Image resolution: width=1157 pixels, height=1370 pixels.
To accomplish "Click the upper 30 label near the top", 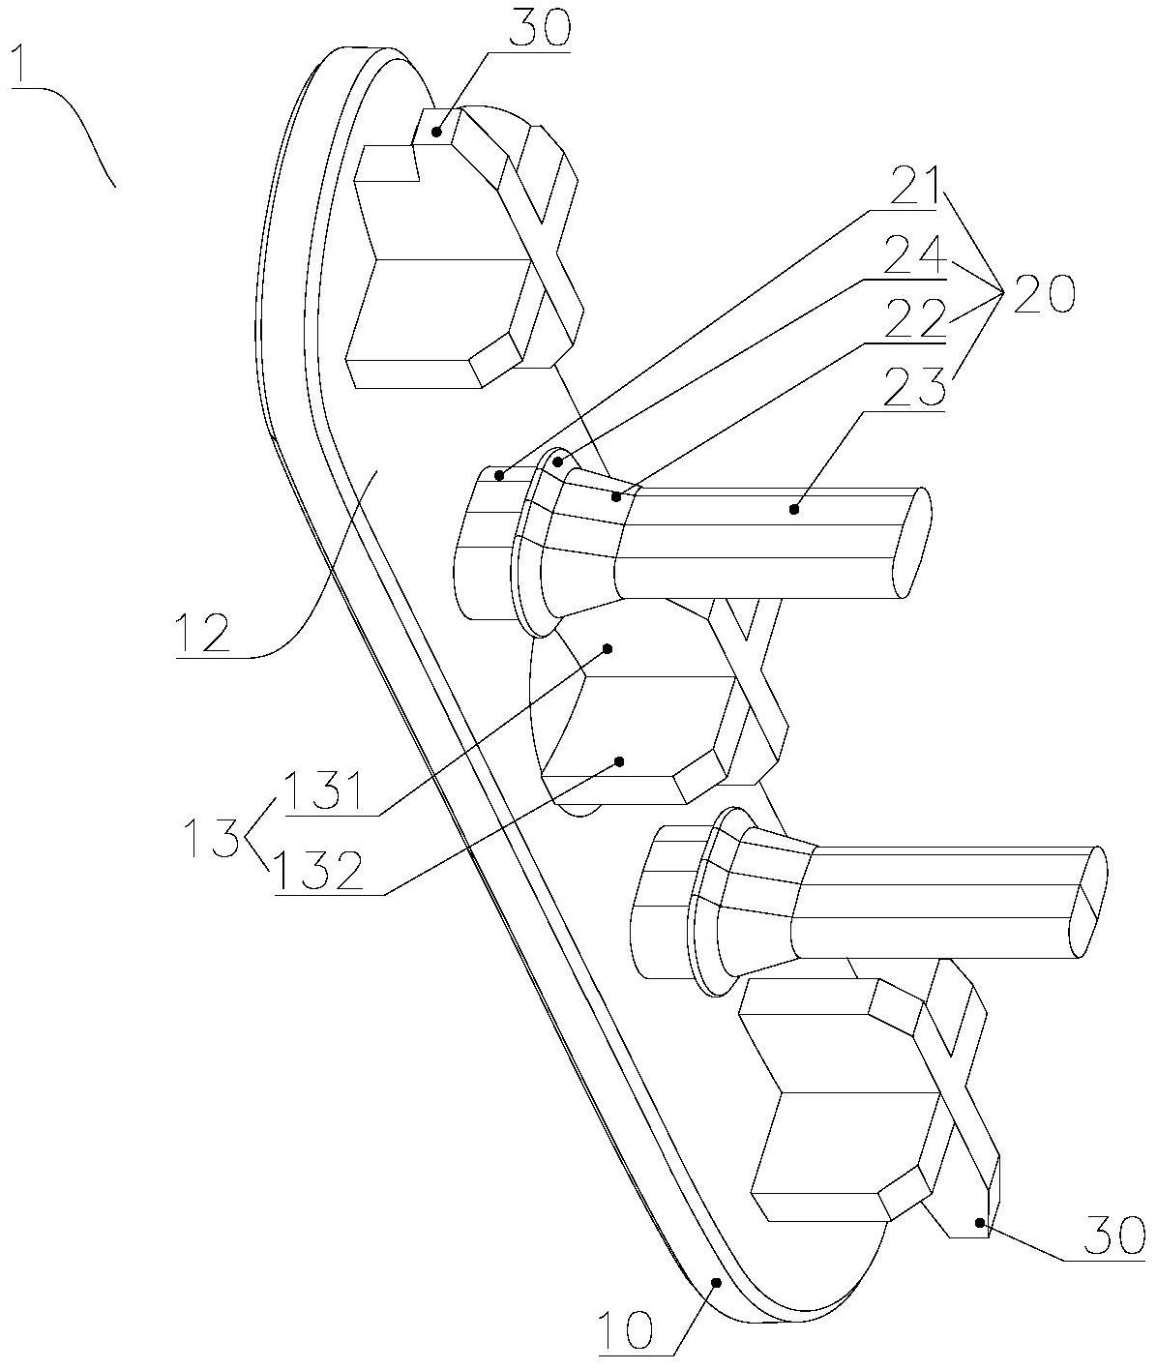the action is (542, 26).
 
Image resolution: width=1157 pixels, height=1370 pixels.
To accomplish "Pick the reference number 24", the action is (913, 254).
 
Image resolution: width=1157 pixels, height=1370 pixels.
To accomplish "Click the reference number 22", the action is (915, 318).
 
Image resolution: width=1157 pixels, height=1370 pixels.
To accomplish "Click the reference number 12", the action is (202, 633).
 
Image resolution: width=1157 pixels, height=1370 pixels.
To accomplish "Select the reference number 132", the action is (319, 871).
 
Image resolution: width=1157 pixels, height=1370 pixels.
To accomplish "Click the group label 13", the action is (211, 839).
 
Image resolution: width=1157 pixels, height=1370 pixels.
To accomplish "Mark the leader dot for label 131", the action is (608, 649).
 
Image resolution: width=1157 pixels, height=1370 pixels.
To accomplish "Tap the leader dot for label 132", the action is (618, 761).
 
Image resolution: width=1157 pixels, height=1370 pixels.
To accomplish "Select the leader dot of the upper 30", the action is (436, 132).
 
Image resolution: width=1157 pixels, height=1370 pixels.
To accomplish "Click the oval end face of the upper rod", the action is (912, 542).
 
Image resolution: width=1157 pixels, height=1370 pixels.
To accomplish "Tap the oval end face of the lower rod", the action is (1087, 902).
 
